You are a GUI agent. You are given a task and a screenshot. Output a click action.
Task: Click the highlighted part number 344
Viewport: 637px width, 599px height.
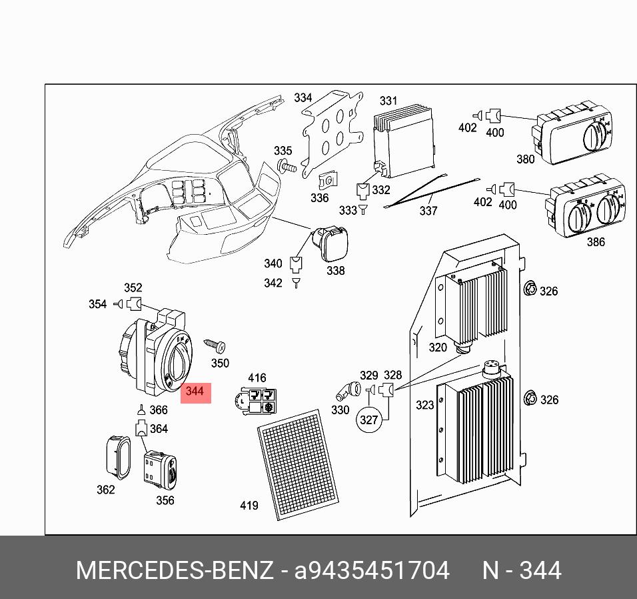195,392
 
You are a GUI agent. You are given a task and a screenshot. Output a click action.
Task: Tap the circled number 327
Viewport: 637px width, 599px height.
368,420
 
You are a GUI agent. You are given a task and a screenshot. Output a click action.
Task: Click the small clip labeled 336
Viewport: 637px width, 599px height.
327,180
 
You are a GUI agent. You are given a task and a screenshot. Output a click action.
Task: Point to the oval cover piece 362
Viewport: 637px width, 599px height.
117,457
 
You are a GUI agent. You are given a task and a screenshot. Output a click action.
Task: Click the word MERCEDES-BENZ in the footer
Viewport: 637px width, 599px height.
174,571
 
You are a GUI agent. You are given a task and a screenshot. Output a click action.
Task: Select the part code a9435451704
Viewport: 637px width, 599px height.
372,571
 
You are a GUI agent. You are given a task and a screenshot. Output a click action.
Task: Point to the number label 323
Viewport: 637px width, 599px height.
424,405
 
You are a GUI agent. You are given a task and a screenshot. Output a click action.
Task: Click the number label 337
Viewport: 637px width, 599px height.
428,211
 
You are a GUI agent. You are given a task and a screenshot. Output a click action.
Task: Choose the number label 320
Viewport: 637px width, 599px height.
438,348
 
